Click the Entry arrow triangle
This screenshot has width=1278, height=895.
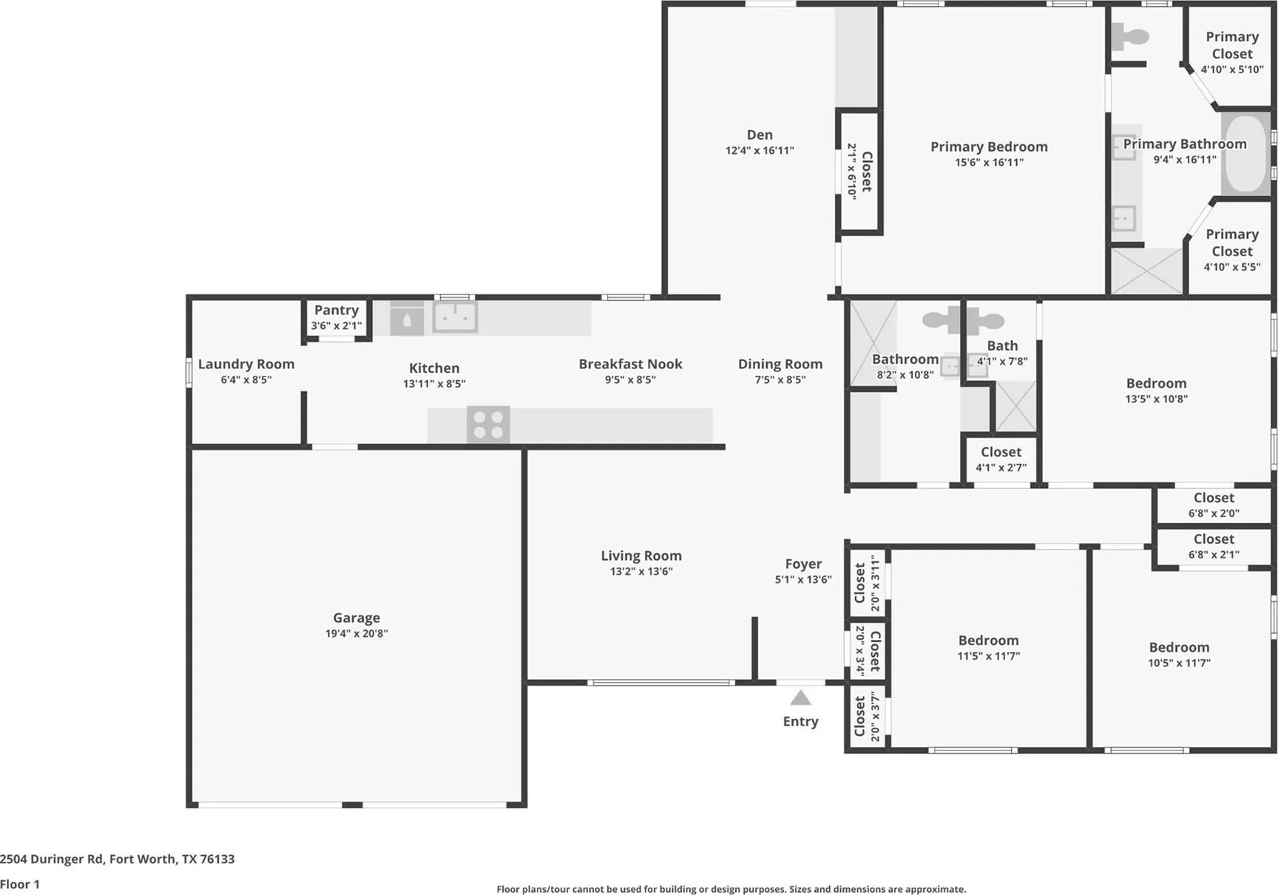800,698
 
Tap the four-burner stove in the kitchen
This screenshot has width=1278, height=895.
488,425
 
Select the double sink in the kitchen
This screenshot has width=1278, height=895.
455,317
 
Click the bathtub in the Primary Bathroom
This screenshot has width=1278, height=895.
1245,155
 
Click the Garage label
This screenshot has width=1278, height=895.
356,618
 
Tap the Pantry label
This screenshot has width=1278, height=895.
337,310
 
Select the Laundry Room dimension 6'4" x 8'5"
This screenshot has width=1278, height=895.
246,379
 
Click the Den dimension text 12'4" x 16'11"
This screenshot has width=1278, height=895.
760,150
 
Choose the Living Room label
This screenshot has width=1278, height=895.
641,555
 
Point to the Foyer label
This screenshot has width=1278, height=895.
803,564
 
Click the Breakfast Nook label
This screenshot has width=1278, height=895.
630,364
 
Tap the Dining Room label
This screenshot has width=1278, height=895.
780,364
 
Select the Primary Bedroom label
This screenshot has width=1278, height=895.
989,146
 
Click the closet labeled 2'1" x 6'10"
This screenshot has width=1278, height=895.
859,172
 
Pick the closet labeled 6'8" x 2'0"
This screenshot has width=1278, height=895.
1214,505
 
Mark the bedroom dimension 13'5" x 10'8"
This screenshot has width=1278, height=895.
1157,399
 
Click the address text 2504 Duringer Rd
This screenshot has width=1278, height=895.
52,859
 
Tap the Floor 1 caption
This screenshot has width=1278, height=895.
20,884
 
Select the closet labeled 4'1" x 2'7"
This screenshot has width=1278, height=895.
1001,459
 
